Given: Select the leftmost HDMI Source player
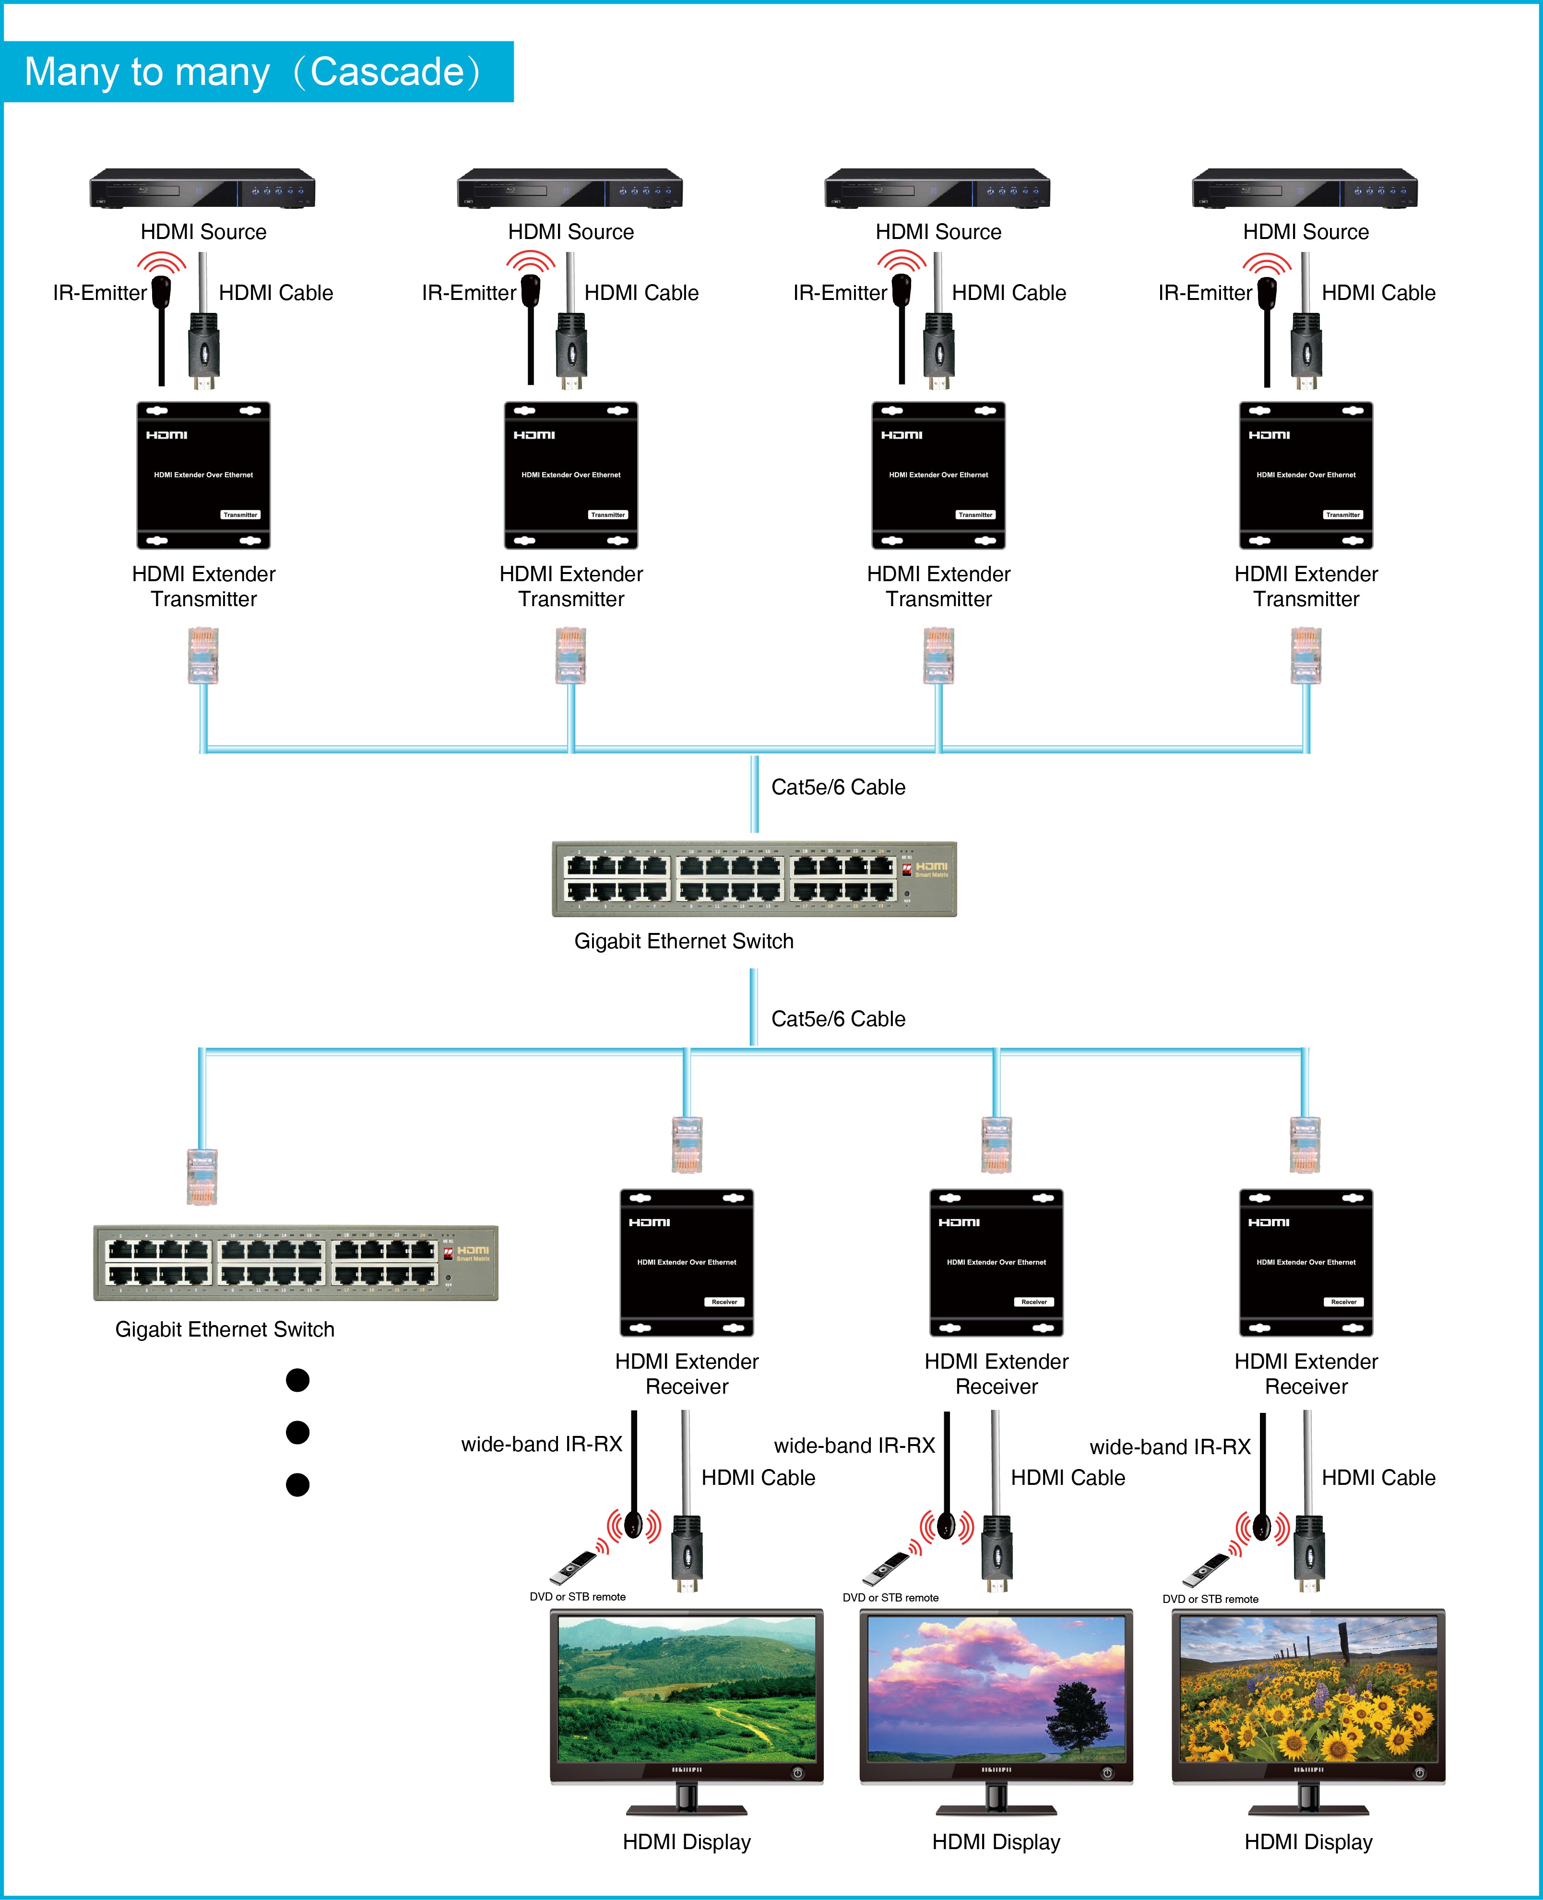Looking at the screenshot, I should [202, 189].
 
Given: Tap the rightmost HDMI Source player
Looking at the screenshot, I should [1305, 189].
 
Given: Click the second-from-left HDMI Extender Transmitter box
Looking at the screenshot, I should [570, 476].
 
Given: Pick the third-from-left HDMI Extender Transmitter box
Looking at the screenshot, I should [938, 476].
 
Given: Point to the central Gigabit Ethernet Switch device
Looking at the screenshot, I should [754, 878].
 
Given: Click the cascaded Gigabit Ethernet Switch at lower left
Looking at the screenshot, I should [296, 1263].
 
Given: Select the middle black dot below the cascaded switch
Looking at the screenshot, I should [298, 1433].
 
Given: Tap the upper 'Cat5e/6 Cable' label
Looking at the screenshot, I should [838, 787].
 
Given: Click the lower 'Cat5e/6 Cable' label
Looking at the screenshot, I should [838, 1019].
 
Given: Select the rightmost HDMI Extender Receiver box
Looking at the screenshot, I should [1306, 1263].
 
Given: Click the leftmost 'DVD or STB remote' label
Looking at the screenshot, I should [578, 1597].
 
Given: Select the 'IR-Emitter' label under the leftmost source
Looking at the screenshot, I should [99, 293].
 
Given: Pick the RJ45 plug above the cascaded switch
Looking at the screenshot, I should [202, 1176].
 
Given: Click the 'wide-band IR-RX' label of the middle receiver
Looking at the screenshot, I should [854, 1446].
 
